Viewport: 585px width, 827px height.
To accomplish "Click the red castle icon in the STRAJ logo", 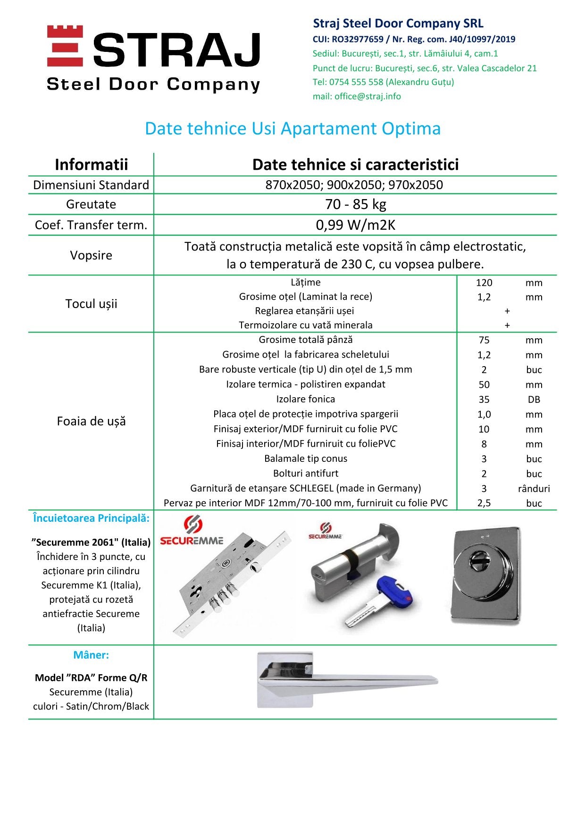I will pyautogui.click(x=65, y=46).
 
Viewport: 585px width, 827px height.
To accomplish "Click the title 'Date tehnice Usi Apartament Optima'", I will pyautogui.click(x=292, y=128).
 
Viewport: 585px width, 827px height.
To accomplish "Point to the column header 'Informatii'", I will pyautogui.click(x=91, y=164).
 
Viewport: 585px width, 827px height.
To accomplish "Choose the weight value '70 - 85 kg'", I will pyautogui.click(x=355, y=204).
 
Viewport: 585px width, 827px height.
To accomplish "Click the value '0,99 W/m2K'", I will pyautogui.click(x=355, y=225).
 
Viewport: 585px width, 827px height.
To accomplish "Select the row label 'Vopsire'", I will pyautogui.click(x=91, y=255).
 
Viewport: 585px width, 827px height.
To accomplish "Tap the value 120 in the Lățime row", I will pyautogui.click(x=484, y=283).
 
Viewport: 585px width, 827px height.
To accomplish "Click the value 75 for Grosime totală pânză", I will pyautogui.click(x=484, y=340).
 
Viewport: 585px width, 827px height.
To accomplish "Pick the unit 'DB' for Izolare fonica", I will pyautogui.click(x=534, y=400).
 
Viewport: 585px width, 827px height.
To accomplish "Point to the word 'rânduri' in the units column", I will pyautogui.click(x=534, y=489).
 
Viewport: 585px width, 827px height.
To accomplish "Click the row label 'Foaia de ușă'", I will pyautogui.click(x=91, y=421).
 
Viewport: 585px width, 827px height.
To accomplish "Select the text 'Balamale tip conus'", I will pyautogui.click(x=306, y=459).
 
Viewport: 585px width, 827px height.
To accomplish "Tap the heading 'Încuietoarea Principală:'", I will pyautogui.click(x=91, y=518).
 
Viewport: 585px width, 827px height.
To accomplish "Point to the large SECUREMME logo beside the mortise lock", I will pyautogui.click(x=192, y=532).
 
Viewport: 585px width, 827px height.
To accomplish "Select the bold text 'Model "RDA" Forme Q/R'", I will pyautogui.click(x=91, y=678).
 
